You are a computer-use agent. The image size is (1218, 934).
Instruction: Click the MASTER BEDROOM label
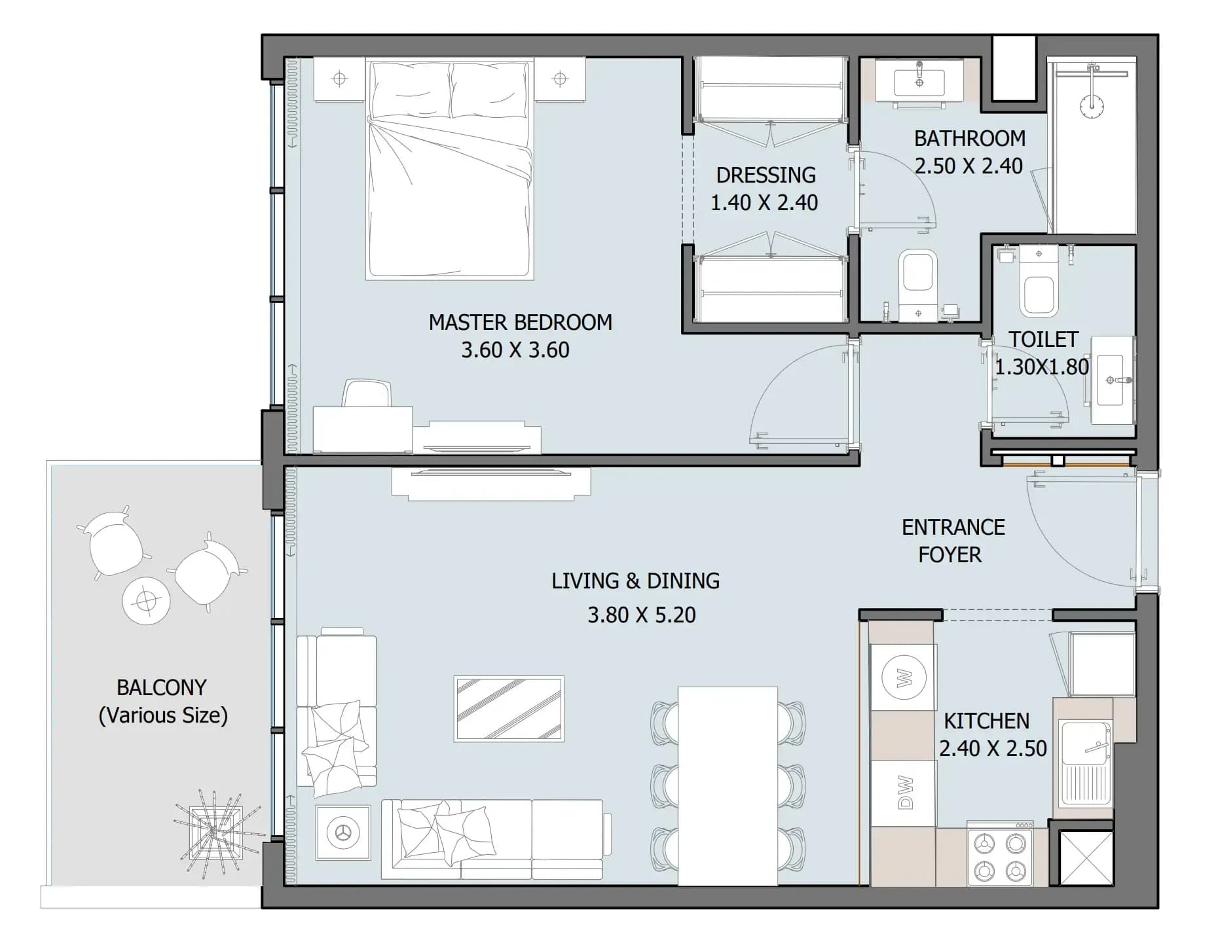pos(520,322)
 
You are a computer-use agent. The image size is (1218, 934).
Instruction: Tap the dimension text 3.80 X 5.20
pos(641,615)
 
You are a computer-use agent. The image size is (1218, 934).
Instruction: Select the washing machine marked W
pos(903,677)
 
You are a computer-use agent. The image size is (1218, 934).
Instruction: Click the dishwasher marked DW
pos(904,793)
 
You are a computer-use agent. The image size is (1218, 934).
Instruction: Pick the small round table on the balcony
pos(146,601)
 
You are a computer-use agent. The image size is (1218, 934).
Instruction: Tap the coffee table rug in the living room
pos(509,709)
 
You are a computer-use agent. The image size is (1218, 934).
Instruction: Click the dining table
pos(728,785)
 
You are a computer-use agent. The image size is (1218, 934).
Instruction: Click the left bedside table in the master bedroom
pos(339,80)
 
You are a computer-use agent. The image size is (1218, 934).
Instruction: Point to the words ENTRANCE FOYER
pos(953,541)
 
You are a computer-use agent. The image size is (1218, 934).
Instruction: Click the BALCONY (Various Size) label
pos(162,701)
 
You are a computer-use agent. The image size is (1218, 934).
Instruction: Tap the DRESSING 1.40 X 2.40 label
pos(765,189)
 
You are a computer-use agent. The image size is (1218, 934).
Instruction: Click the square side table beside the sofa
pos(342,833)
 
